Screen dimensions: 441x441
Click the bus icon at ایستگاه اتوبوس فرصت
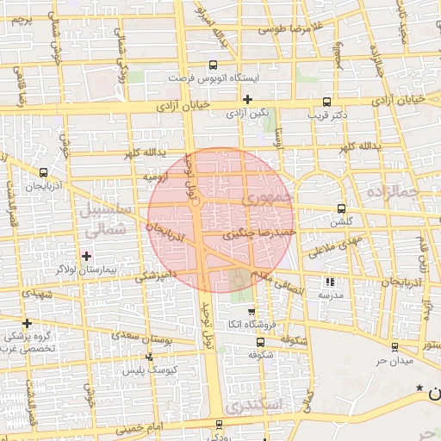(214, 64)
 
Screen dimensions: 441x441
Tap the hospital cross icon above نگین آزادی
(247, 99)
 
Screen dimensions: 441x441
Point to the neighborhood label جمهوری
(268, 198)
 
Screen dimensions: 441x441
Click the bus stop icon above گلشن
(341, 208)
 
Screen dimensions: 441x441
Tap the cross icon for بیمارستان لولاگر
(86, 256)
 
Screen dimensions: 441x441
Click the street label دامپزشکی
(156, 276)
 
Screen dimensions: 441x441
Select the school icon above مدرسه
(329, 282)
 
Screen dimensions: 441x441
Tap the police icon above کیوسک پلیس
(149, 357)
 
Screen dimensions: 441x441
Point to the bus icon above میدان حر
(394, 347)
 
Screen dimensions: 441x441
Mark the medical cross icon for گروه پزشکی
(28, 323)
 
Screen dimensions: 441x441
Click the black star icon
(419, 388)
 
